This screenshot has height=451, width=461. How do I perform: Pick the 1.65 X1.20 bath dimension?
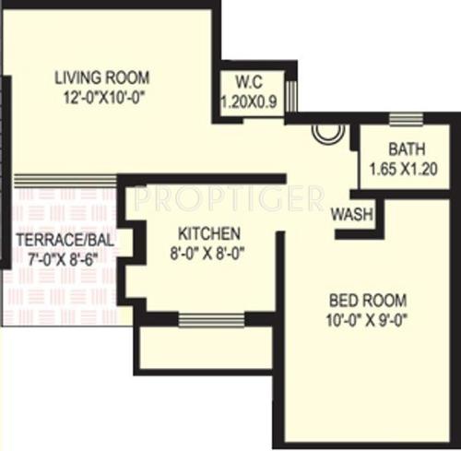(403, 169)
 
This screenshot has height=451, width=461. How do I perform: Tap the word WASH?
(351, 213)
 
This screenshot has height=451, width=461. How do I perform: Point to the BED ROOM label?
(368, 301)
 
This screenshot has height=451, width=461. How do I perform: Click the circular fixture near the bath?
(327, 132)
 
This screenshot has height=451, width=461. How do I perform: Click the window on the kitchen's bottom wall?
(205, 320)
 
